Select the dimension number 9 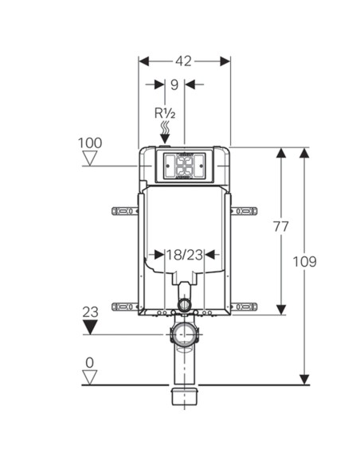coord(174,84)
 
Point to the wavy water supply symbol coord(165,128)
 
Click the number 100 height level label coord(90,143)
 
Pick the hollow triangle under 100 coord(90,158)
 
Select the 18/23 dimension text coord(185,255)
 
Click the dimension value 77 coord(280,227)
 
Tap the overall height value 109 coord(304,261)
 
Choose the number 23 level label coord(91,311)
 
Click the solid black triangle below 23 coord(91,326)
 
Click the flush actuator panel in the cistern coord(184,166)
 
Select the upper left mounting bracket coord(125,211)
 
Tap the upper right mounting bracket coord(244,211)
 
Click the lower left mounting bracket coord(125,306)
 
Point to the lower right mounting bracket coord(244,306)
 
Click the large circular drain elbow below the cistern coord(185,334)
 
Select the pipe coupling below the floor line coord(184,395)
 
